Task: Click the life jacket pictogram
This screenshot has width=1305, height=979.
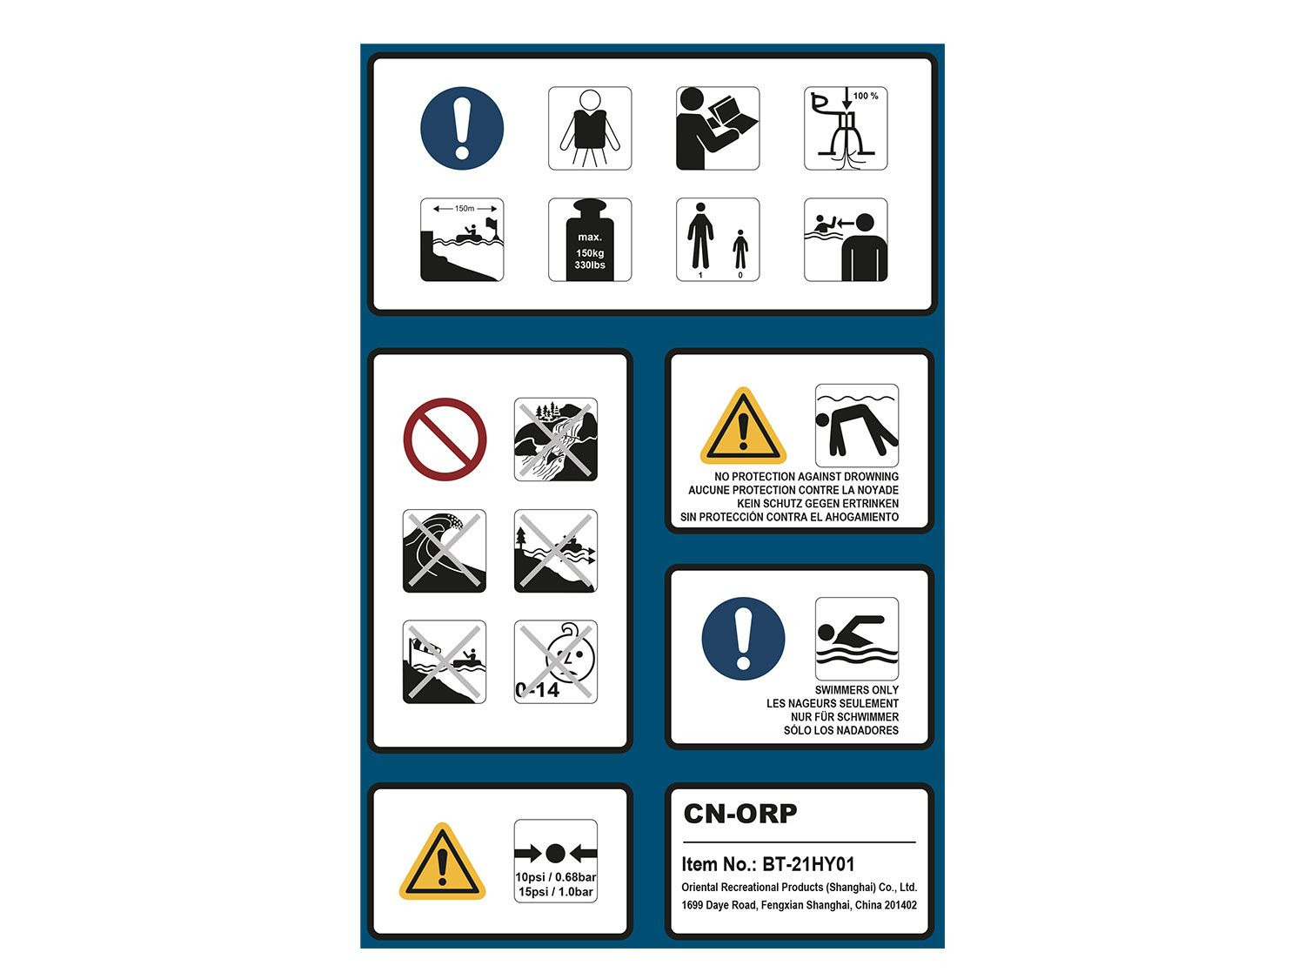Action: [589, 129]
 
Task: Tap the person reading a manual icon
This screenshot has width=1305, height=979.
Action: [717, 129]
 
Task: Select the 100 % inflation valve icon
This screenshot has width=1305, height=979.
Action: [845, 129]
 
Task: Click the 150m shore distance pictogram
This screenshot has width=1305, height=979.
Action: [461, 239]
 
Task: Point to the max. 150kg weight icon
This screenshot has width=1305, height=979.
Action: [589, 239]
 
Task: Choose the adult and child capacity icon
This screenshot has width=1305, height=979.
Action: [717, 239]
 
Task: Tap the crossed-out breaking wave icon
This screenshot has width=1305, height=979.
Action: [444, 551]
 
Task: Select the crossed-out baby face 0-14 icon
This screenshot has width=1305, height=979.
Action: [555, 661]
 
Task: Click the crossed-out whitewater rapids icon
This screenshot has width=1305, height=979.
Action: [555, 439]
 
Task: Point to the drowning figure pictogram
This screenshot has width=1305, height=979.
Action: [856, 426]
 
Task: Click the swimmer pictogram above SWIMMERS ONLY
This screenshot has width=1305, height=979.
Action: [856, 639]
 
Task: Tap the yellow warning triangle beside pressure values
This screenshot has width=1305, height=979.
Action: [442, 862]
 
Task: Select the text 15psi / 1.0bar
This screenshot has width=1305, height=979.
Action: [555, 892]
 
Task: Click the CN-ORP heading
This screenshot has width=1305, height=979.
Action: [739, 813]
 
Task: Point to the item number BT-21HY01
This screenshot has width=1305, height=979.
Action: [808, 863]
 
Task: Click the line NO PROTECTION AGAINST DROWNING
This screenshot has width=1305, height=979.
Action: [806, 476]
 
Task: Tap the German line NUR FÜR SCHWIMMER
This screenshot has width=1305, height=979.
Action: [844, 716]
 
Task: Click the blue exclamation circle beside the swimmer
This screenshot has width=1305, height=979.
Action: [743, 639]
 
